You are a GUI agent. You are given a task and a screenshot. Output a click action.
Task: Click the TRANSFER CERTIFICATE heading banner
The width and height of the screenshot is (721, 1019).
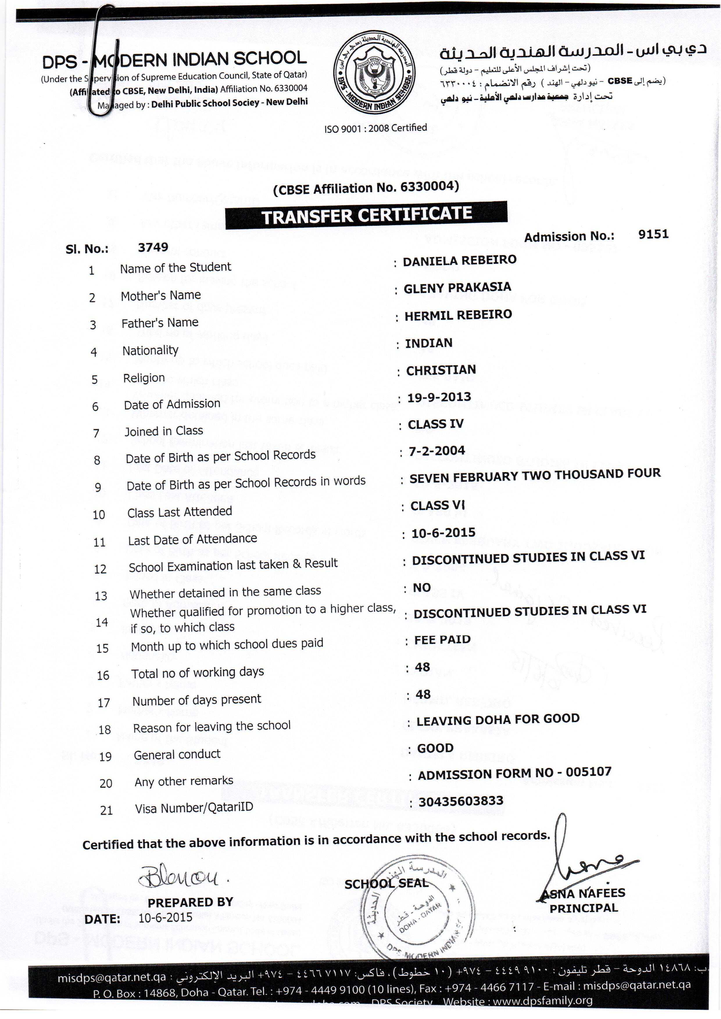tap(366, 215)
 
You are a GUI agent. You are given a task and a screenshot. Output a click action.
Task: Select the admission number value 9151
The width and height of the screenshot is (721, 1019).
tap(653, 234)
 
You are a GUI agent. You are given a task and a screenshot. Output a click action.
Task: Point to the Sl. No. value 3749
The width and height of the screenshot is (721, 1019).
tap(153, 247)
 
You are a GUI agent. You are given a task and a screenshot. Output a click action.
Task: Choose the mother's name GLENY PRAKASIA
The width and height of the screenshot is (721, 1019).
tap(457, 288)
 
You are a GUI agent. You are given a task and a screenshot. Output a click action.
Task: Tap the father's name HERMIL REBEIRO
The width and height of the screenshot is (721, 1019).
tap(458, 315)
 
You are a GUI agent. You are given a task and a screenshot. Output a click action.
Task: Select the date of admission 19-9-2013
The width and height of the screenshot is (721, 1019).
tap(439, 397)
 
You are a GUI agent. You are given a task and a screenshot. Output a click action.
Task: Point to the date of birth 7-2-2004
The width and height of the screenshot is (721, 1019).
tap(436, 451)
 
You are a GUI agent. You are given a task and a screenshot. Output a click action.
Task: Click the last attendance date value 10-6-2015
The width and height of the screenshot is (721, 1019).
tap(443, 533)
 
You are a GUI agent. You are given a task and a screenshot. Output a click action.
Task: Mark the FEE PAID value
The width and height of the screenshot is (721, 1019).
tap(442, 640)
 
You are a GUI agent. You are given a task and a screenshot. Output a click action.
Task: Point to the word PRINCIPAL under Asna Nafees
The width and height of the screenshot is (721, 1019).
tap(583, 908)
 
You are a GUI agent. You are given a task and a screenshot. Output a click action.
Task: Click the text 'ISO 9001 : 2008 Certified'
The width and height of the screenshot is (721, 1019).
tap(375, 128)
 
